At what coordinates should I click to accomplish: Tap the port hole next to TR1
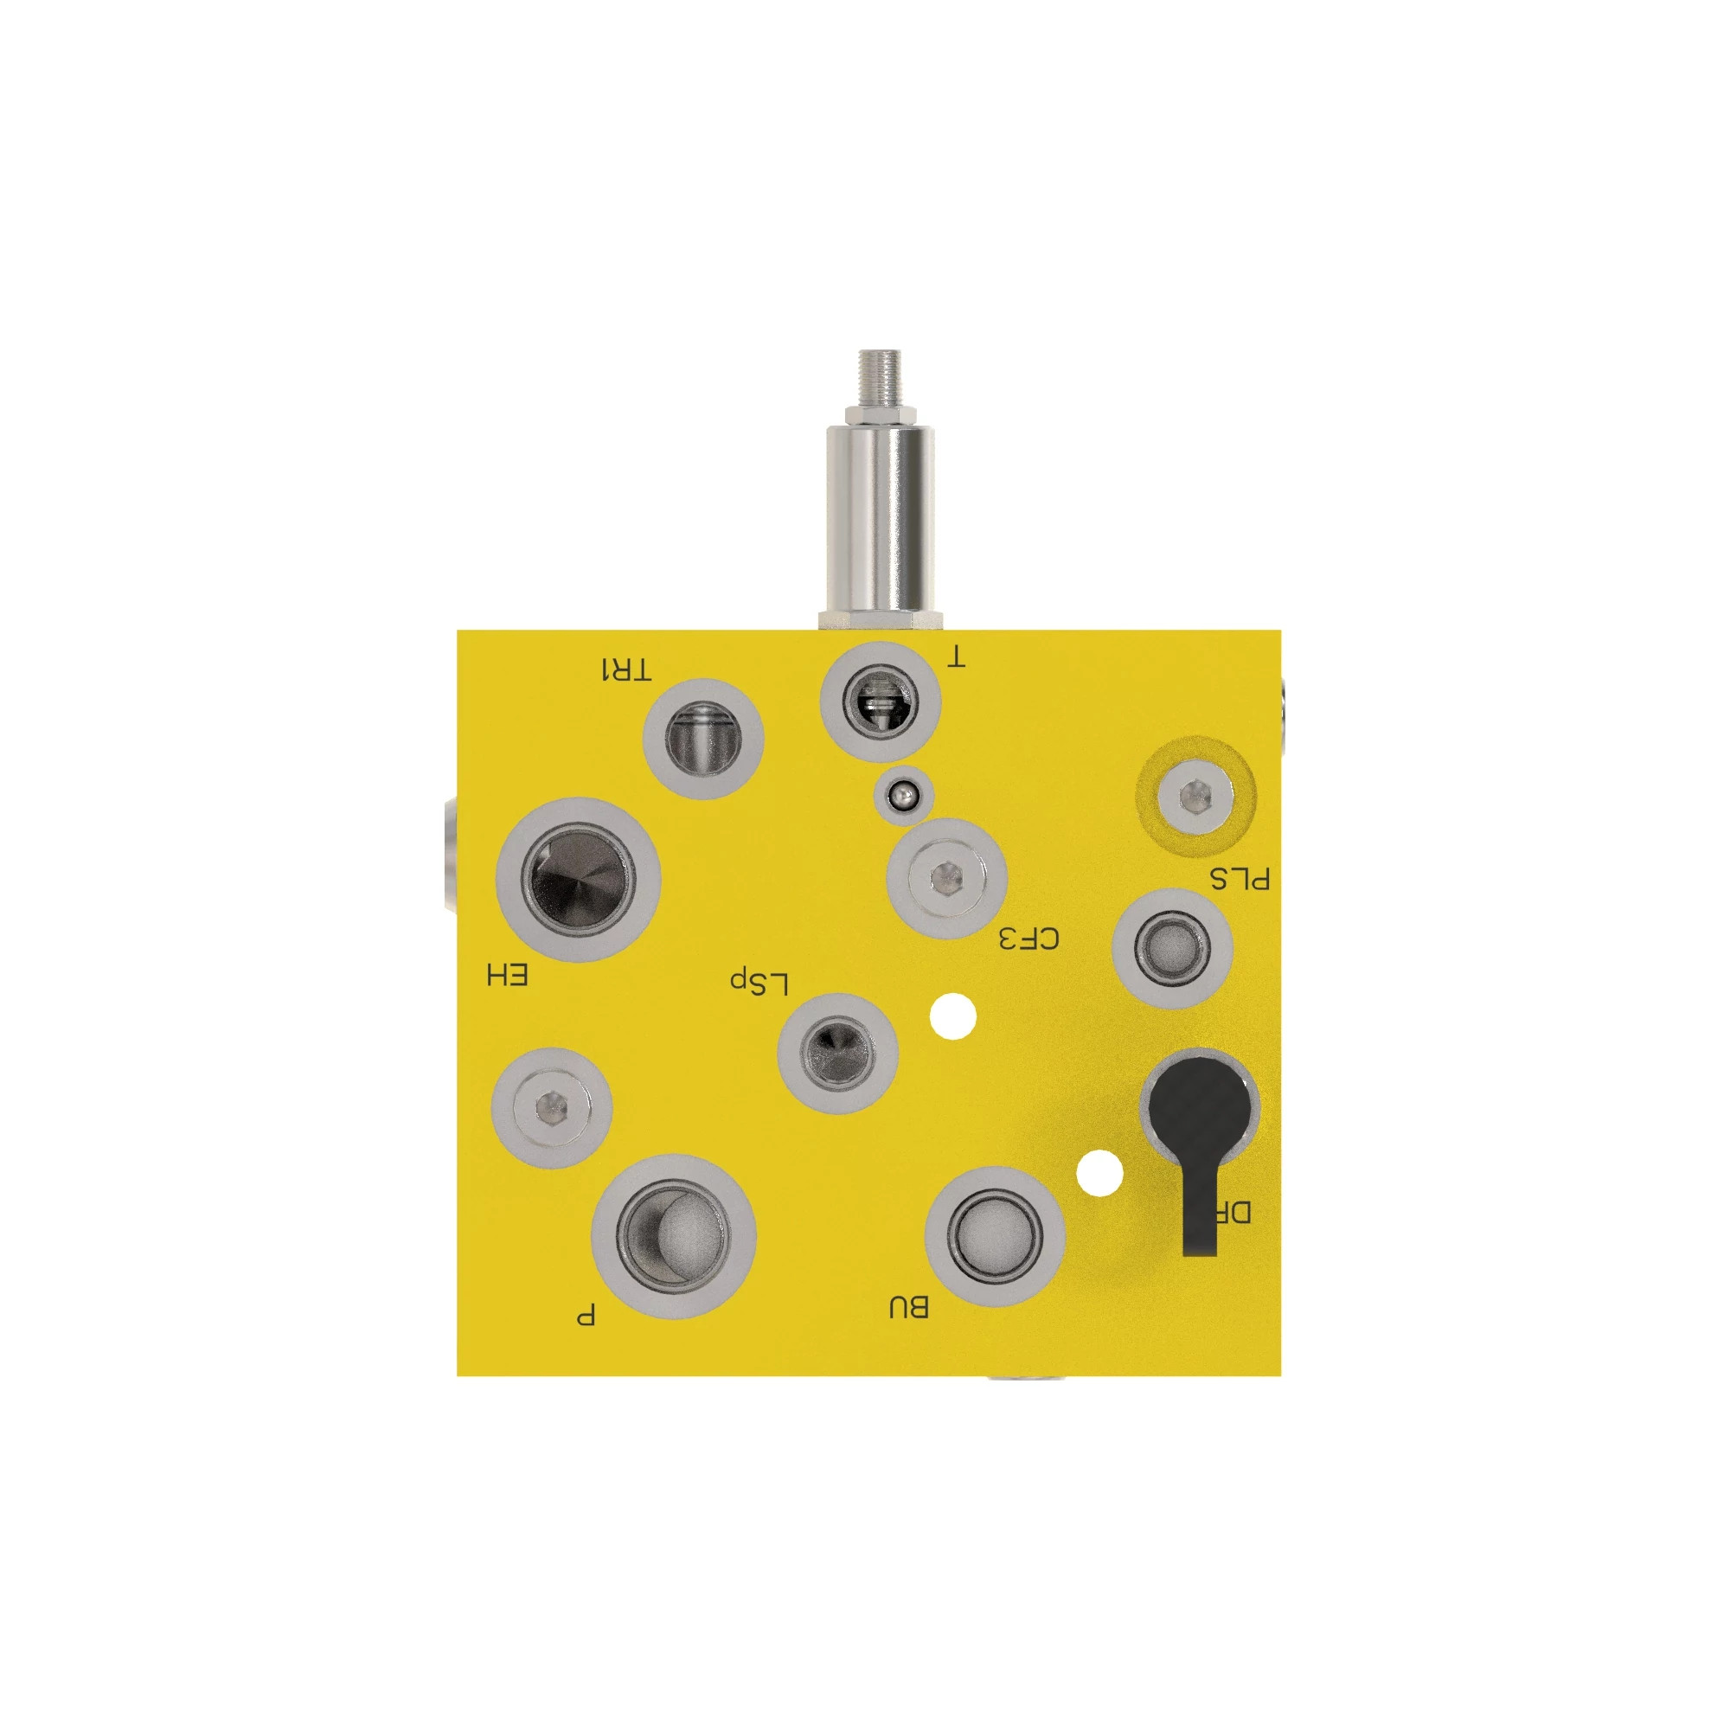703,738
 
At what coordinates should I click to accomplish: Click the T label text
957,658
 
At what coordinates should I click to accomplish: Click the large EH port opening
579,879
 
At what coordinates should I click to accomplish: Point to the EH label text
507,975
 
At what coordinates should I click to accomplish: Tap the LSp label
759,983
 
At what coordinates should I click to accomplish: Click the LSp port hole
837,1052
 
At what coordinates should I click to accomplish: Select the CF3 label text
1028,939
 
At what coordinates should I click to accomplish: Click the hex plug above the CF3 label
946,876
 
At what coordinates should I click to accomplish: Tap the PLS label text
1240,879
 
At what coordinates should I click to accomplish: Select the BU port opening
994,1236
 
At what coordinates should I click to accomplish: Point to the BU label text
908,1307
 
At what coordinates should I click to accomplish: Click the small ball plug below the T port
904,794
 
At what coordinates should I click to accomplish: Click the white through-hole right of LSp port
952,1016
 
